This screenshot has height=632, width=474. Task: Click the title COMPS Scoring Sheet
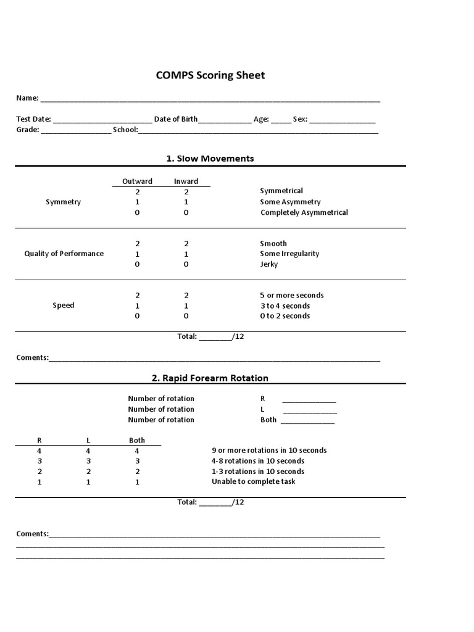pos(210,75)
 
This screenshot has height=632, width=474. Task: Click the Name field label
pos(27,98)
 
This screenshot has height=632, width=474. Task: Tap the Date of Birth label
pos(176,119)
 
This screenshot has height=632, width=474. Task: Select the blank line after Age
pos(281,120)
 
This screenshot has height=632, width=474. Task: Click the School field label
pos(125,130)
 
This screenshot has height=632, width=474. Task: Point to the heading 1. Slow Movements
pos(210,159)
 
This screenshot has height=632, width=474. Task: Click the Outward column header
pos(137,181)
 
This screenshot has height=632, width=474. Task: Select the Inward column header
pos(186,181)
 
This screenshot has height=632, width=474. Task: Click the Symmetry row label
pos(63,202)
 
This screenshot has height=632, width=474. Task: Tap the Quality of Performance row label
pos(64,254)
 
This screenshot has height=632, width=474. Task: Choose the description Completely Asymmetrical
pos(304,212)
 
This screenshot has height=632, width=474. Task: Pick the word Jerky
pos(269,264)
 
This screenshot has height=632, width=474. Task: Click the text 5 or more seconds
pos(291,295)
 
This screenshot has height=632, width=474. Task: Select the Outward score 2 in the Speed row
pos(137,295)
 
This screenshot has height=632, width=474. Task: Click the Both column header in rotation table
pos(137,440)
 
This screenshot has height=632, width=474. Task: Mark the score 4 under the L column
pos(88,451)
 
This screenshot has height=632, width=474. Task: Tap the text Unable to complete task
pos(253,481)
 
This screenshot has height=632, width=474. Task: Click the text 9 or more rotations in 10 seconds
pos(269,451)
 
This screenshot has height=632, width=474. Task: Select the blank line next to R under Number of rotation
pos(309,400)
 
